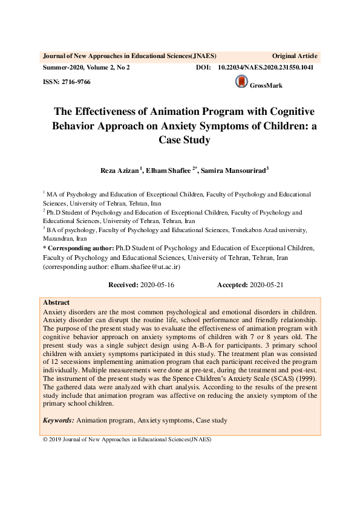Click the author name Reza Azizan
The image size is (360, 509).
click(x=120, y=172)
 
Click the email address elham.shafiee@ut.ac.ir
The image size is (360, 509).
click(x=141, y=265)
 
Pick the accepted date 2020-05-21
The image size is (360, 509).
click(x=266, y=284)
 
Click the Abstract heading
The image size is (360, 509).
click(x=56, y=302)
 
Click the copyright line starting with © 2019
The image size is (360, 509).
click(x=126, y=439)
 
